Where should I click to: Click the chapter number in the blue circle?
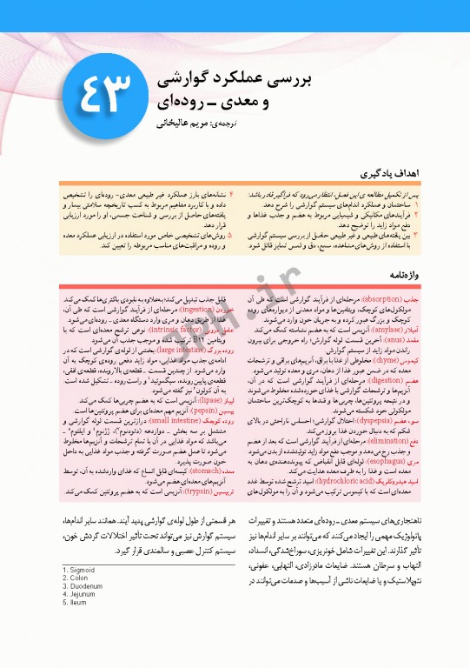pos(106,91)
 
